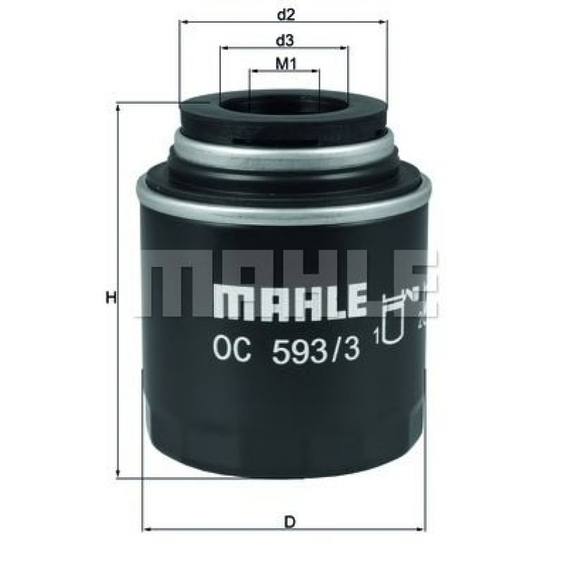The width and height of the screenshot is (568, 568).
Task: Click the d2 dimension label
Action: pos(284,13)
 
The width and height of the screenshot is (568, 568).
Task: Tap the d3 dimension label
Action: pos(284,39)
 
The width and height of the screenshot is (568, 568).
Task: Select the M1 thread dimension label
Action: pos(284,64)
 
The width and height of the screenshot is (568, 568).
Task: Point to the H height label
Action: pos(110,298)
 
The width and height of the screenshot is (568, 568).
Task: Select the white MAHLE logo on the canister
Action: pos(289,300)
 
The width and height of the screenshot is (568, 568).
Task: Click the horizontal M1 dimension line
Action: pos(284,72)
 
